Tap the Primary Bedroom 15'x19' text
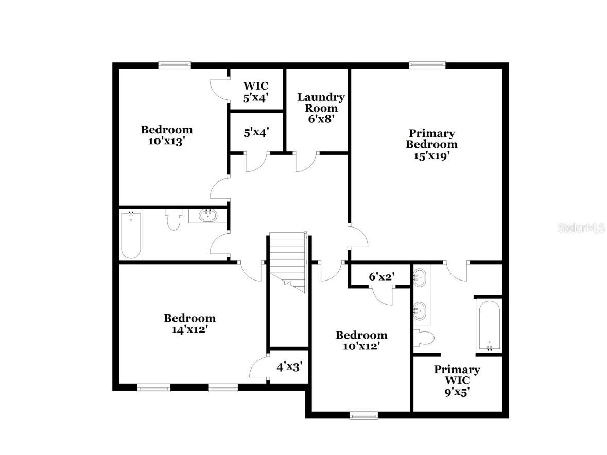tap(431, 145)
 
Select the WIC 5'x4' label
tap(256, 91)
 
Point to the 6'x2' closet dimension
tap(381, 276)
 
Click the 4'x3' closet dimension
tap(289, 367)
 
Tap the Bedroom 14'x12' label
tap(189, 324)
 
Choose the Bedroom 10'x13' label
tap(167, 135)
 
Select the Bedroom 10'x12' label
tap(361, 341)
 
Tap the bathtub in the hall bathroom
tap(131, 236)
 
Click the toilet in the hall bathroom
tap(173, 220)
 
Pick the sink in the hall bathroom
tap(208, 215)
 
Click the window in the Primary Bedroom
tap(427, 65)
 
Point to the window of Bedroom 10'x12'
tap(363, 415)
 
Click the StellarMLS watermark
tap(581, 227)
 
